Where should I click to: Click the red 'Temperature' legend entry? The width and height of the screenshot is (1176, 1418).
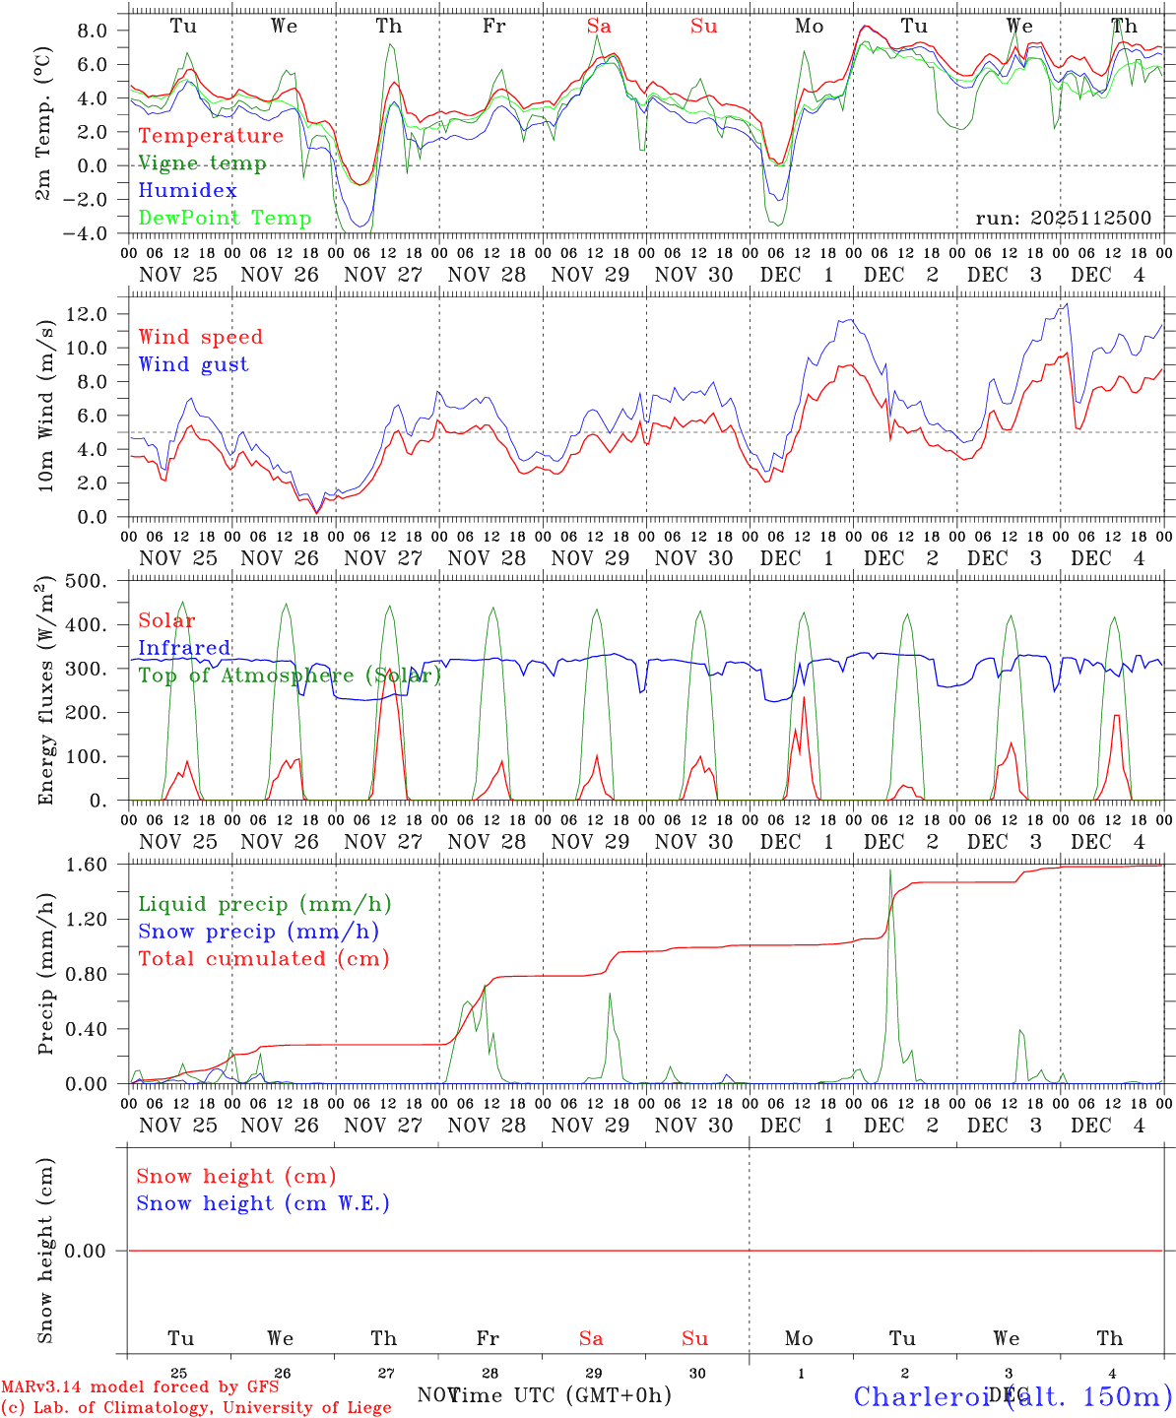[211, 136]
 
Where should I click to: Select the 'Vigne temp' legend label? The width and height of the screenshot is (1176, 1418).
[202, 163]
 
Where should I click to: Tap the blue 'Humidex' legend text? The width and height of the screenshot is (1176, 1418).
[187, 190]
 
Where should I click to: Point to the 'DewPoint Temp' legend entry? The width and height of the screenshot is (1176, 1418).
[225, 218]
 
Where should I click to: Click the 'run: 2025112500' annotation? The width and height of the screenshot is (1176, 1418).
[1063, 218]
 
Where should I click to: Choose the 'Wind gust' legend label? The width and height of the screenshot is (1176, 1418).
[193, 364]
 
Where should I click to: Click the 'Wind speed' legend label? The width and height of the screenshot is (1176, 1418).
[201, 337]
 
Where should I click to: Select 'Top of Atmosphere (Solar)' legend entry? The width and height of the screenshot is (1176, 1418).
[290, 676]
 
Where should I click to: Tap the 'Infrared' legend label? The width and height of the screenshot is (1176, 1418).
[184, 648]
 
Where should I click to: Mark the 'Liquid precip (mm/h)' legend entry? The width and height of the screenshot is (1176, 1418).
[265, 904]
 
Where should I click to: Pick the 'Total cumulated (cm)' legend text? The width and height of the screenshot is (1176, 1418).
[263, 958]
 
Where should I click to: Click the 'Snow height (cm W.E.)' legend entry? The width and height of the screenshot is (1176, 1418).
[263, 1203]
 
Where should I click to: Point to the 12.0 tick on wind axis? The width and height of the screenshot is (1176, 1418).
[88, 314]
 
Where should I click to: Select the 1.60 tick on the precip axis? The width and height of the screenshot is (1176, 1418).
[87, 865]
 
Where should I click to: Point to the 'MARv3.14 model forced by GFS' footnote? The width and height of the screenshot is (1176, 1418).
[140, 1387]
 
